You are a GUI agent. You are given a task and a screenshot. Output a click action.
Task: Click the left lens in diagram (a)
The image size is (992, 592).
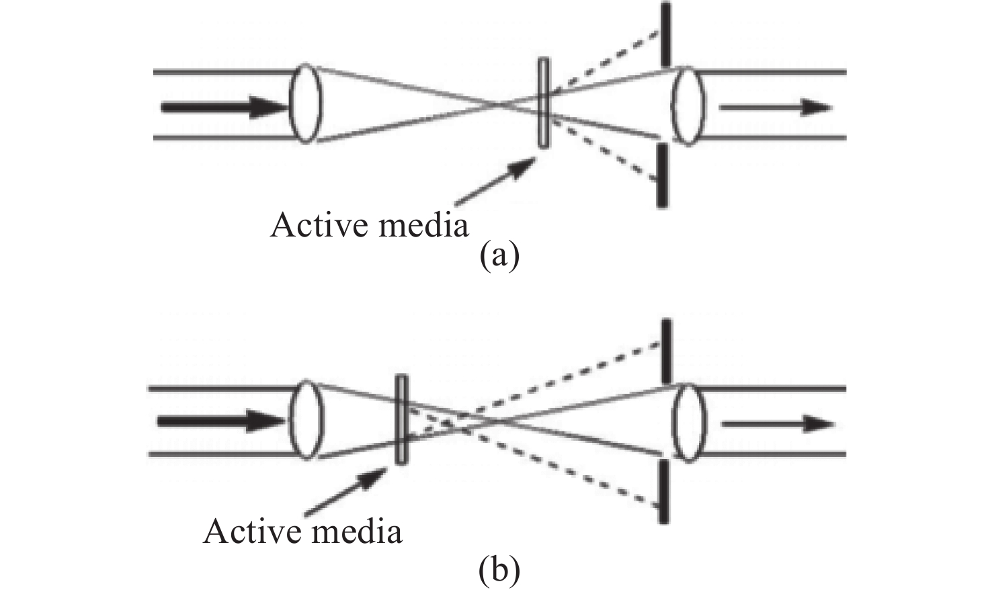[x=306, y=103]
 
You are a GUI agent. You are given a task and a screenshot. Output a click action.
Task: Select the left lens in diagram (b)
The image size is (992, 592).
[x=306, y=420]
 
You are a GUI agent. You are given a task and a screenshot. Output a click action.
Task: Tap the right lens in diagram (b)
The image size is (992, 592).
[x=688, y=423]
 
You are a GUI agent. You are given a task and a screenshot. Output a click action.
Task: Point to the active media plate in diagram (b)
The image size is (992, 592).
[x=401, y=419]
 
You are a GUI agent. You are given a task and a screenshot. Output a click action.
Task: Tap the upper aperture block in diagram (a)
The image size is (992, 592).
[x=665, y=34]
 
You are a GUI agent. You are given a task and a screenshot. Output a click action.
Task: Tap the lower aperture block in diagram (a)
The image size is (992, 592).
[x=663, y=175]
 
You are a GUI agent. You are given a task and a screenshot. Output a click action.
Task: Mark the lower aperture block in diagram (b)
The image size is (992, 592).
[x=663, y=491]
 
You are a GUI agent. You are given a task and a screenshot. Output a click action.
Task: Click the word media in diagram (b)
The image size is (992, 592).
[x=358, y=532]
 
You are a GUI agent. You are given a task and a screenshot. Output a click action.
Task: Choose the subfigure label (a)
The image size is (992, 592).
[x=499, y=256]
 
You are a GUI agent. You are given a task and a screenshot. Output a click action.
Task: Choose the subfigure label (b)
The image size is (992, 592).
[x=499, y=570]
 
